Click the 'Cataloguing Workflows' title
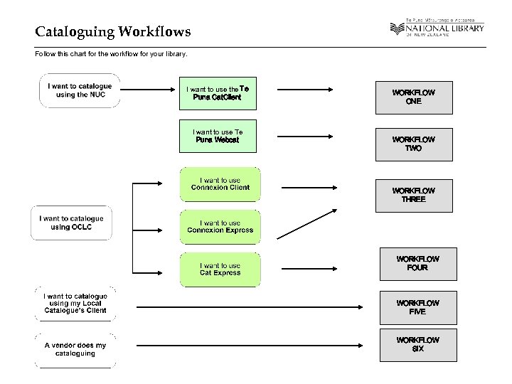[x=112, y=32]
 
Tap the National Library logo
[x=437, y=29]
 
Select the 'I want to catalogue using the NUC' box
[x=80, y=90]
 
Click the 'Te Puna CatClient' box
[x=217, y=93]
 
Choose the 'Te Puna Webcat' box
[x=217, y=136]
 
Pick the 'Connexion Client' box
[x=220, y=184]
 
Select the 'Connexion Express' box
[x=220, y=227]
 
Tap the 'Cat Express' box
[x=220, y=270]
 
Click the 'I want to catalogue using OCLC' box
[x=71, y=223]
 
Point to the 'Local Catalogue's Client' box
[x=75, y=304]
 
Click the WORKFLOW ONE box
[x=414, y=97]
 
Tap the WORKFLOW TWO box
[x=414, y=144]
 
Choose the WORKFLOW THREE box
[x=414, y=196]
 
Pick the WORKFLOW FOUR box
[x=418, y=264]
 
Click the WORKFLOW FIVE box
[x=418, y=307]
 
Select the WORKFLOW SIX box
[x=418, y=345]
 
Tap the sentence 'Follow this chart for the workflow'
[x=111, y=54]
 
